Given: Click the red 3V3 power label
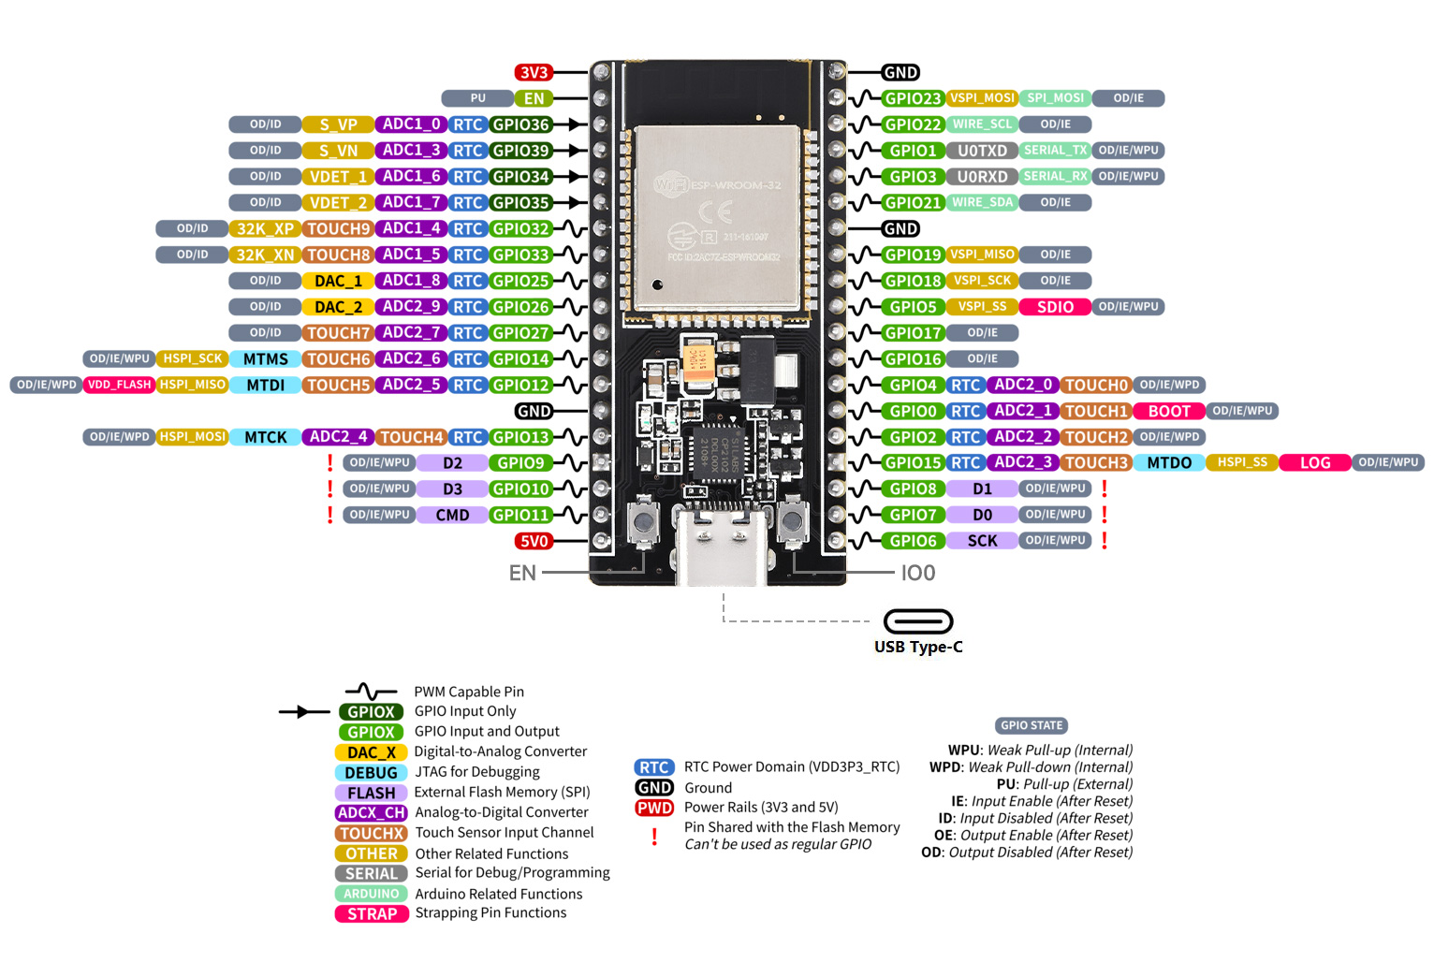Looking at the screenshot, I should point(534,73).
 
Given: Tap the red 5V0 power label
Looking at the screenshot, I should point(534,541).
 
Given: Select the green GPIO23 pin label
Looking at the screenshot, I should point(913,98).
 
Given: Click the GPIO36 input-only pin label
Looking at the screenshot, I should point(520,124).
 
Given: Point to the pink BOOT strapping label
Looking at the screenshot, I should point(1169,411).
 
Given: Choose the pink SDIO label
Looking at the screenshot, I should point(1055,307).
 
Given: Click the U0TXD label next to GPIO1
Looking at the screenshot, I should point(982,151).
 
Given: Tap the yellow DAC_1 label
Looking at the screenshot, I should point(338,281).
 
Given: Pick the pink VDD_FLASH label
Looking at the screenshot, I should point(119,385).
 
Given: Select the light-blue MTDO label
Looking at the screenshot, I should point(1169,463).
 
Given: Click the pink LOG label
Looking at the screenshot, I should point(1314,463).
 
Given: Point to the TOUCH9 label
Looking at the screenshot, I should point(338,229).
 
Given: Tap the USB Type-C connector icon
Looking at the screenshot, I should point(918,621).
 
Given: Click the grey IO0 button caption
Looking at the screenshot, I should point(917,573).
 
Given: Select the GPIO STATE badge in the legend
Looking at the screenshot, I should point(1032,725).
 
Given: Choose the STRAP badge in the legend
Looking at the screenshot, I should point(372,914).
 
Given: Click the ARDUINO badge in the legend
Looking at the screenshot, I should point(372,894).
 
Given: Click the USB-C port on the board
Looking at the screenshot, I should point(725,547).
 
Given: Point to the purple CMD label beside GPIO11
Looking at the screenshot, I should point(452,515).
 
